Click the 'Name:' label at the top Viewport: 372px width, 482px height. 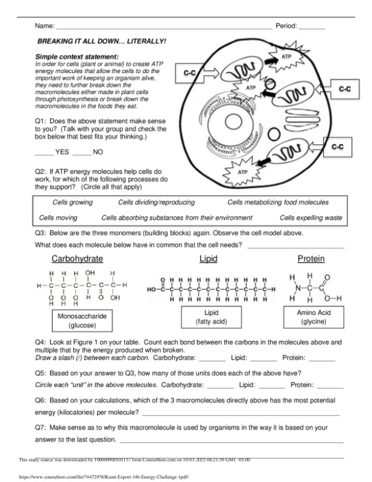point(45,27)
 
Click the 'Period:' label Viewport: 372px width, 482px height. point(286,27)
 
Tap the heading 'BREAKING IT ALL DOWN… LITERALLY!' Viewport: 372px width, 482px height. point(102,42)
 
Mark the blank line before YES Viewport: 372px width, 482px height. point(44,152)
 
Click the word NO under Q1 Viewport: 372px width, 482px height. point(98,152)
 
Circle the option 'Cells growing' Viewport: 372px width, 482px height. point(72,203)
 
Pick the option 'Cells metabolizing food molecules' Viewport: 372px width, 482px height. point(277,203)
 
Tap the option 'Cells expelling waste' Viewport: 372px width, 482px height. point(311,217)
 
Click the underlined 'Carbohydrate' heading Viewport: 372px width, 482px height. point(77,259)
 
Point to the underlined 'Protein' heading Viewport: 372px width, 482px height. point(311,259)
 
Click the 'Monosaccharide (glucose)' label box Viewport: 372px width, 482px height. point(82,320)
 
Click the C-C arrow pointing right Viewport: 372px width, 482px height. point(196,73)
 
